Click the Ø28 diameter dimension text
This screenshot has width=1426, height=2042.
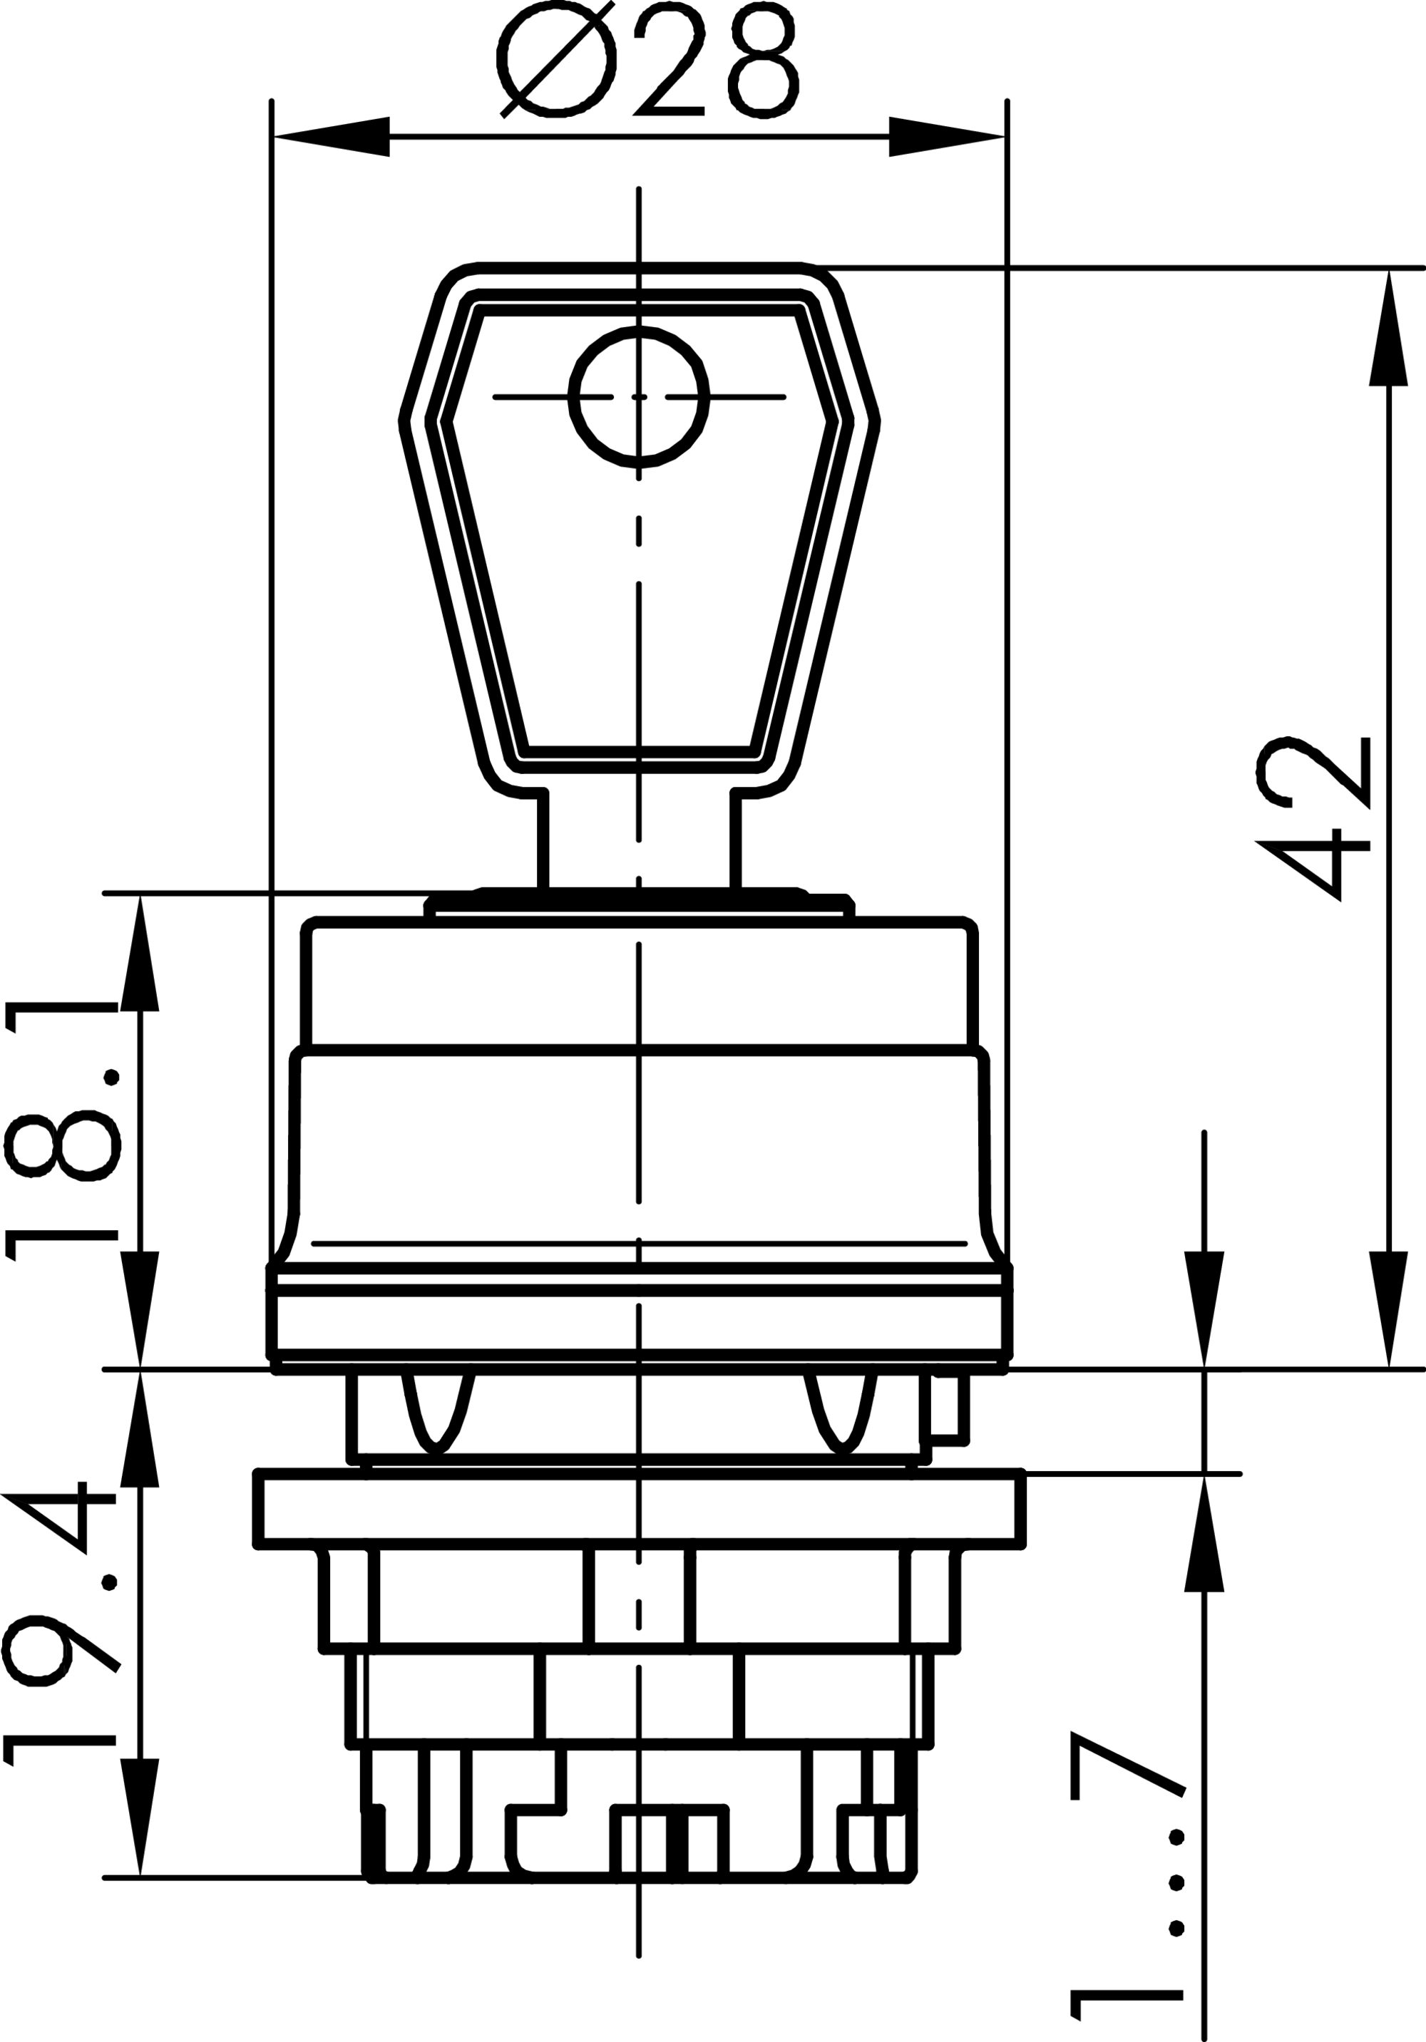pyautogui.click(x=647, y=58)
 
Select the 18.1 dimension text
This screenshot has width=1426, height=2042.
pyautogui.click(x=62, y=1130)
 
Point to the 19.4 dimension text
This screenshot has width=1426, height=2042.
pyautogui.click(x=61, y=1621)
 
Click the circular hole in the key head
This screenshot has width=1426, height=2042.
pyautogui.click(x=639, y=397)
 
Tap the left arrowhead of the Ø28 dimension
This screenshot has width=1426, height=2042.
pyautogui.click(x=332, y=137)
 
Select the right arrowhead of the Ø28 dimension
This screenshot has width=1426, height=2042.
pyautogui.click(x=947, y=137)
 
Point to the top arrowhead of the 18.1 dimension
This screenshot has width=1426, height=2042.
pyautogui.click(x=140, y=954)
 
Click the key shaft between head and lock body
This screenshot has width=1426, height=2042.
pyautogui.click(x=639, y=840)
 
